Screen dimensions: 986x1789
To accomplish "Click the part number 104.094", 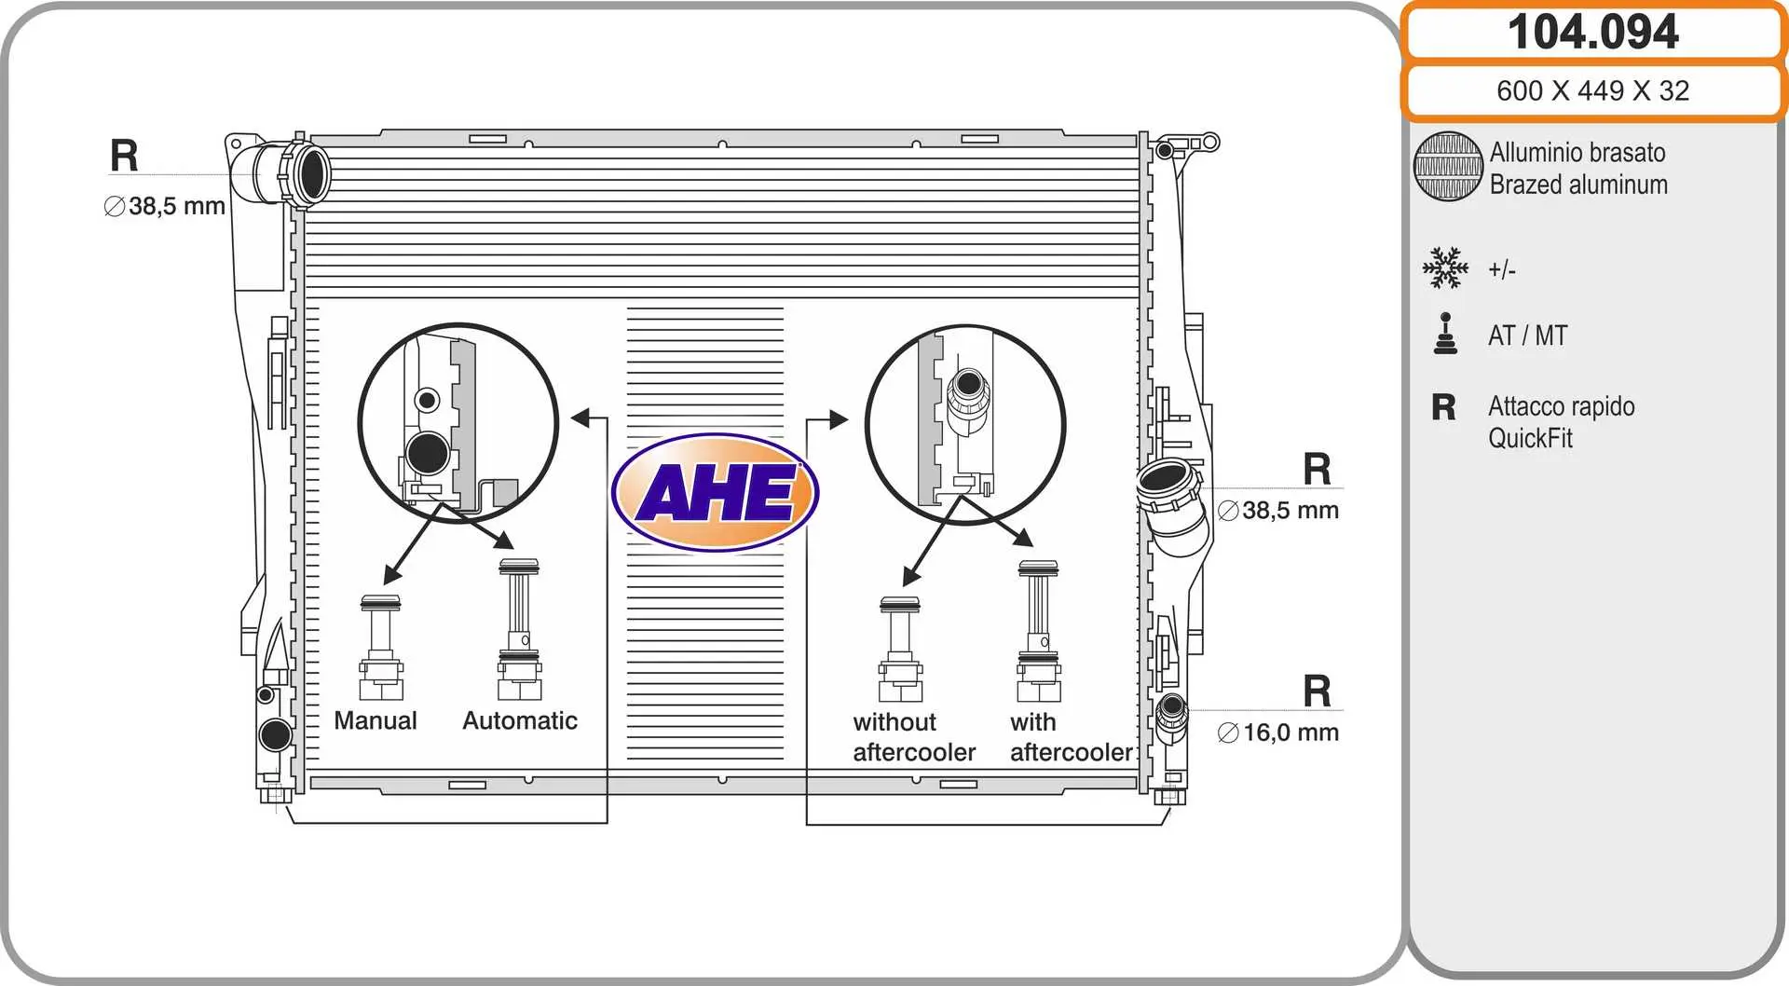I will click(1592, 33).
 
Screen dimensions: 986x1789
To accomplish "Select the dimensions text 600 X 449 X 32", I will click(1592, 90).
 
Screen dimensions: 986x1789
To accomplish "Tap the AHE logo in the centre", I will click(715, 492).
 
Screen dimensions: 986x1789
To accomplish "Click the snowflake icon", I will click(1445, 268).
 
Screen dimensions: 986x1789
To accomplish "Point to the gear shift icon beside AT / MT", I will click(1445, 335).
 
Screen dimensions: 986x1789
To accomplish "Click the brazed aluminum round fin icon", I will click(1447, 167).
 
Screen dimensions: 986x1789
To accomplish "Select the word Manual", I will click(376, 720).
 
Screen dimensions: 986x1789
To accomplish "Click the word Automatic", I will click(520, 720).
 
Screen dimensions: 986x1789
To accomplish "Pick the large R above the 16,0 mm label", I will click(1317, 692).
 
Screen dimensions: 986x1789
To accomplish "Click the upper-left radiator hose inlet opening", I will click(312, 172).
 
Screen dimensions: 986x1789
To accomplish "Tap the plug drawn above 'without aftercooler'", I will click(900, 650).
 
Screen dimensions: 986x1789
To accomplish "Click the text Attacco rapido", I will click(1561, 406).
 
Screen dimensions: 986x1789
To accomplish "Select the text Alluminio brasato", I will click(1577, 152).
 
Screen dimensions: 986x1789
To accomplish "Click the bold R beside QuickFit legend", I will click(1443, 407).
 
